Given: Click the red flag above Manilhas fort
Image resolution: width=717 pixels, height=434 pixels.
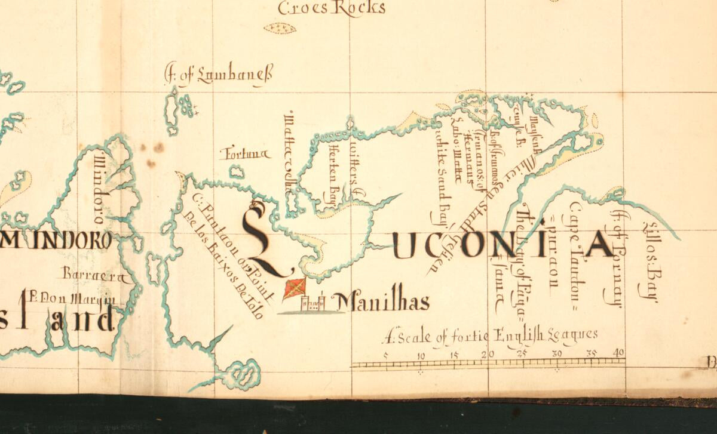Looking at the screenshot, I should [295, 288].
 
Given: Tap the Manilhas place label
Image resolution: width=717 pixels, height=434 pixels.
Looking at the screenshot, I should [380, 302].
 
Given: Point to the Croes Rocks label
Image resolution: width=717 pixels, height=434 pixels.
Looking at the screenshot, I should [332, 8].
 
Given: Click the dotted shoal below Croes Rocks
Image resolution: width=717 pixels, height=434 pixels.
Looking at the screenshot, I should [280, 28].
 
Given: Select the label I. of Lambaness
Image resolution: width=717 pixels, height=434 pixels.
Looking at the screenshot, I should [218, 76].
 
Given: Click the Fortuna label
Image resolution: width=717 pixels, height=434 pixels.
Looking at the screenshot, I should [244, 154].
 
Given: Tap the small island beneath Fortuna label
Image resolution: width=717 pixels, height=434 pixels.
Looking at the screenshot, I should [237, 173].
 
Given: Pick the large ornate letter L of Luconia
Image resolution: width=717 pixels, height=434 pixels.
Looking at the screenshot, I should [263, 239].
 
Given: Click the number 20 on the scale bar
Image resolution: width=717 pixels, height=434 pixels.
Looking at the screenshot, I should [489, 354].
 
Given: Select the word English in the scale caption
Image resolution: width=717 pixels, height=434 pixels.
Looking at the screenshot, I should [518, 336].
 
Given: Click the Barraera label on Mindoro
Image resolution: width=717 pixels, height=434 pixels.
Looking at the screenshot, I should [95, 275].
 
